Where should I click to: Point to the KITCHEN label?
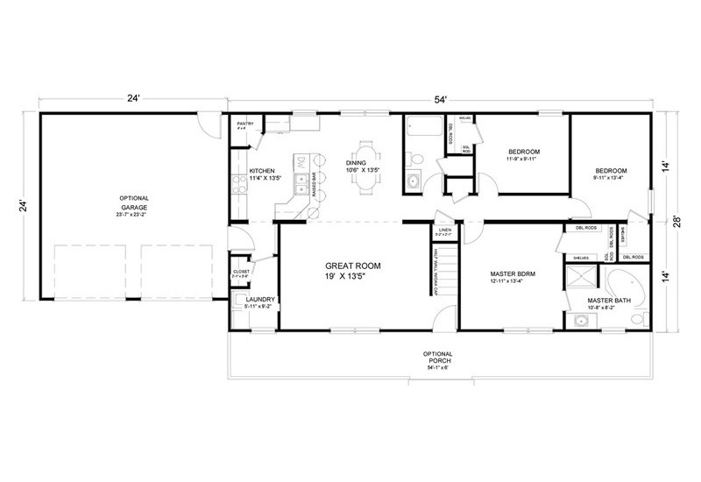pyautogui.click(x=263, y=171)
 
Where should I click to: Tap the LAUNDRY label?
pyautogui.click(x=260, y=300)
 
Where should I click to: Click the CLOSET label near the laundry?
pyautogui.click(x=240, y=272)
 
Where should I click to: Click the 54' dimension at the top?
pyautogui.click(x=439, y=99)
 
